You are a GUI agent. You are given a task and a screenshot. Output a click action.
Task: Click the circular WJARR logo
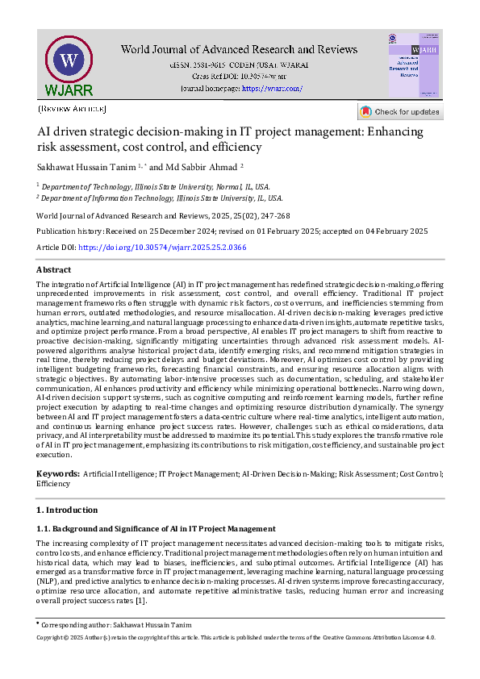[69, 63]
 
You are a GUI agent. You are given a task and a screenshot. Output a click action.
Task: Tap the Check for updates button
[400, 112]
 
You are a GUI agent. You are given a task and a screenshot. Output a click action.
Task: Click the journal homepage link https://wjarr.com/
[272, 88]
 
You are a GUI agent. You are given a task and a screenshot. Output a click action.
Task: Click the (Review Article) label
[72, 108]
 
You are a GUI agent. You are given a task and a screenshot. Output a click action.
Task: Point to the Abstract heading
[53, 269]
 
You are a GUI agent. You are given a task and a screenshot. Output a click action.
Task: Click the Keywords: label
[57, 474]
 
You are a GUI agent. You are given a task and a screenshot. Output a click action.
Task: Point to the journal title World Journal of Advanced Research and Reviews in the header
[239, 50]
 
